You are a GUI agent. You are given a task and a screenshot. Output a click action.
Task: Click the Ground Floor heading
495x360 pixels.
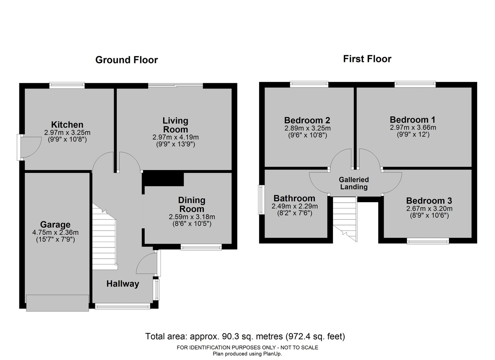coord(126,60)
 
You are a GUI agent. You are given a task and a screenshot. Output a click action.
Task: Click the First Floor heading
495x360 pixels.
coord(367,59)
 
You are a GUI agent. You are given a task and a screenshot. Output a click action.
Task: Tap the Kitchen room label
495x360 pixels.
coord(67,125)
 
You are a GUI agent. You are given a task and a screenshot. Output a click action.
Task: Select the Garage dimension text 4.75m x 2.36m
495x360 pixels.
coord(55,232)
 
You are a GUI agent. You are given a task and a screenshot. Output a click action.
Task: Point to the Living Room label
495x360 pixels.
coord(176,125)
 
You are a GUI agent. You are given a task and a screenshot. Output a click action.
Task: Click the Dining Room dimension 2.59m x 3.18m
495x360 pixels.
coord(192,217)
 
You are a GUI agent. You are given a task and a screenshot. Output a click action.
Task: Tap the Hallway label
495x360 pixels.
coord(123,284)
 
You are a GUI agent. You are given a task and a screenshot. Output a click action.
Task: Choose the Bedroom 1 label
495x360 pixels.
coord(413,120)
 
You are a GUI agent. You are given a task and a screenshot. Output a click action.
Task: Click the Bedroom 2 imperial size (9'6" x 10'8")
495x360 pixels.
coord(307,135)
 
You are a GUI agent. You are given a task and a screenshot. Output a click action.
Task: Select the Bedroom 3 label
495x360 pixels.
coord(429,201)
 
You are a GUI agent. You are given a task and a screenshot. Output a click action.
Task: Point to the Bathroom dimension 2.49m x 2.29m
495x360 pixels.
coord(295,206)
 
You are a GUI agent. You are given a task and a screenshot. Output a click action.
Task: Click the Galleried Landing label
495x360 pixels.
coord(354,183)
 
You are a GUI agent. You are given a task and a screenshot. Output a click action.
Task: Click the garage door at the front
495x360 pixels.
coord(58,303)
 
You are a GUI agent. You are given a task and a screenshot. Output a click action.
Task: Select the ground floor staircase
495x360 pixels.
coord(104,237)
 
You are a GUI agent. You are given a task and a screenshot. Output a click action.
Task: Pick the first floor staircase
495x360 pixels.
coord(345,219)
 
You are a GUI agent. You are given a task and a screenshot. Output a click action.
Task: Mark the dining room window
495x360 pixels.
coord(201,247)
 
